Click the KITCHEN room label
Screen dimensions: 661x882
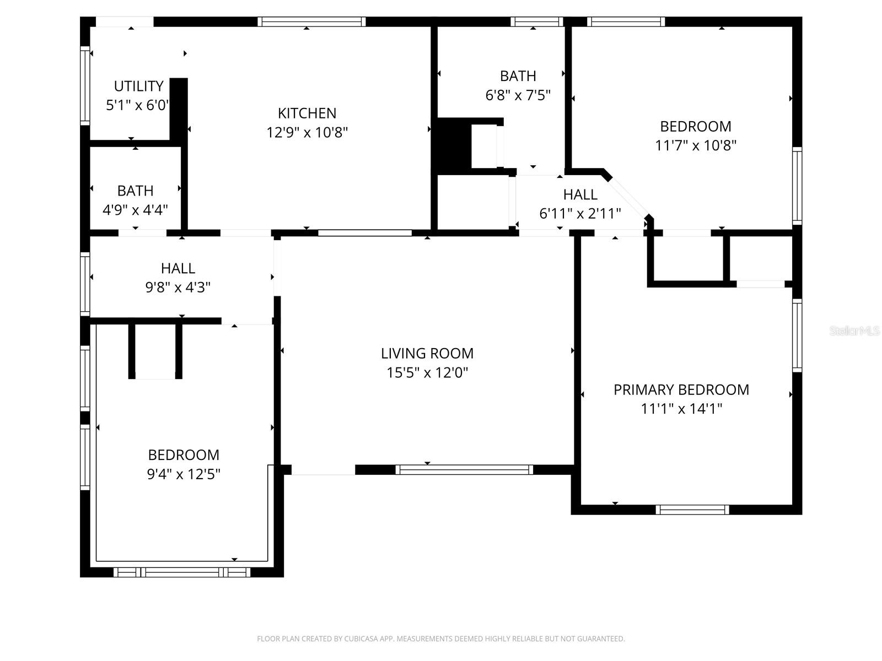306,113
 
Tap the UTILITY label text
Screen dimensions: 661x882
138,86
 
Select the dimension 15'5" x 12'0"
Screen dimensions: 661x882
427,373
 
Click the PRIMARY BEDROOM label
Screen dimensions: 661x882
681,389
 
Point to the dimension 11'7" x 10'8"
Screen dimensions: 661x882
696,145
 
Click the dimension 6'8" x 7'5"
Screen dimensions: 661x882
518,95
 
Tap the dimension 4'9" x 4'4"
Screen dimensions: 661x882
135,210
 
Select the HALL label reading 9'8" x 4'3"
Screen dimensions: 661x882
178,268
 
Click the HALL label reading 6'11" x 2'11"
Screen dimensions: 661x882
580,194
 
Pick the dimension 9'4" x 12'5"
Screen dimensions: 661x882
184,474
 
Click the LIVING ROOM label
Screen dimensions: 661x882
427,353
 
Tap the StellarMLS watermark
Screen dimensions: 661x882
854,331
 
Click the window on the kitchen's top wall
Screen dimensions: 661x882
311,22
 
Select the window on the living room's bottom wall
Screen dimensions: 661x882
464,470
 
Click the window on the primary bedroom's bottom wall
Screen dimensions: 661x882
692,510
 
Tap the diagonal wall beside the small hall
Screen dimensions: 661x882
629,196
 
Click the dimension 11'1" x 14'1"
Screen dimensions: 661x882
681,409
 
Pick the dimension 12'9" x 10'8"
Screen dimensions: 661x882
306,133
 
